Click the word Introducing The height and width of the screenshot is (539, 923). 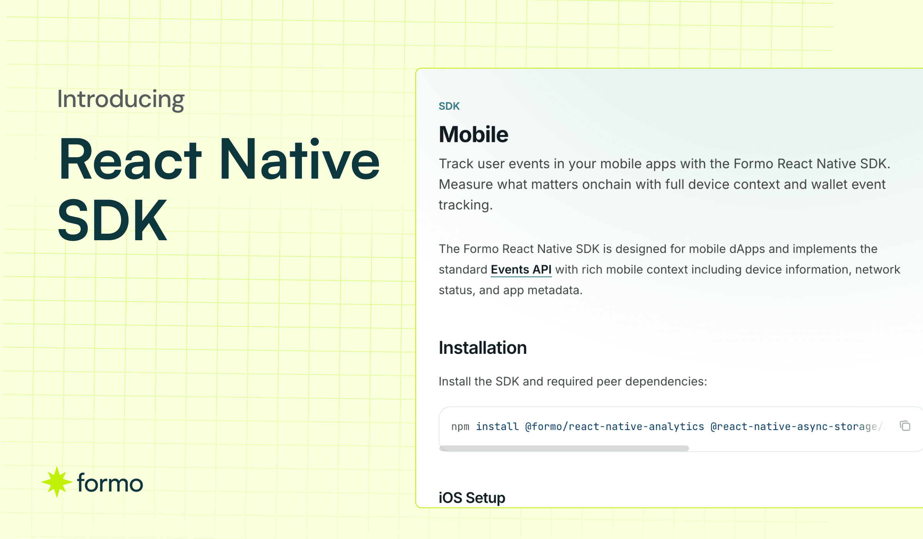point(121,99)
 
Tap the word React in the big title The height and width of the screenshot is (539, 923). point(130,159)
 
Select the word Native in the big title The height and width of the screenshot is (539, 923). point(299,159)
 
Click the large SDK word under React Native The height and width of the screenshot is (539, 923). point(112,220)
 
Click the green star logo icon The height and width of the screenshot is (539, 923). point(57,482)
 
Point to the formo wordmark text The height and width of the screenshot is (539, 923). point(110,483)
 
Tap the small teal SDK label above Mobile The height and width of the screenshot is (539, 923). point(449,106)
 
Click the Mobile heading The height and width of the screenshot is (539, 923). point(473,134)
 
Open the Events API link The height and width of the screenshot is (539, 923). point(521,269)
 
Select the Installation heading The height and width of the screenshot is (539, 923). point(483,348)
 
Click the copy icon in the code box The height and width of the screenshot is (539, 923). point(905,426)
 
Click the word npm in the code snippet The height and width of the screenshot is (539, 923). point(460,427)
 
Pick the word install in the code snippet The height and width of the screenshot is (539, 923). point(497,427)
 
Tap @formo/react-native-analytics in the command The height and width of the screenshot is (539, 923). point(615,427)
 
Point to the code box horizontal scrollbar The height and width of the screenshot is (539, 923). point(564,448)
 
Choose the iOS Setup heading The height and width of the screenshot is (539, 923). point(472,498)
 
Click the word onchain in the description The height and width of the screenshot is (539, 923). point(606,184)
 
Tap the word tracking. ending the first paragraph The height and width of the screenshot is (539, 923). point(465,205)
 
